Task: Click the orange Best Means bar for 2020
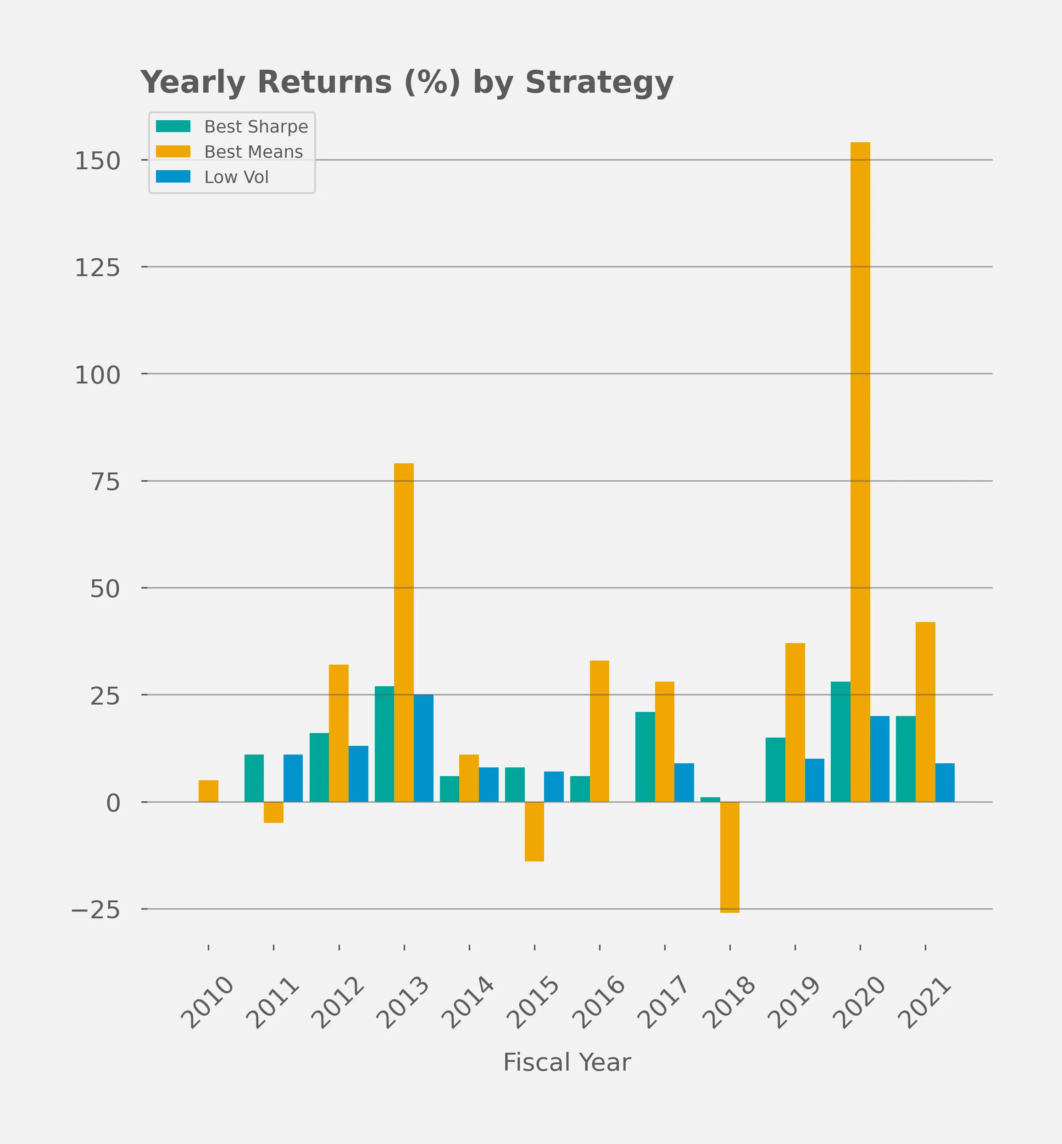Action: point(860,471)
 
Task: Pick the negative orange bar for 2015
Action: point(534,832)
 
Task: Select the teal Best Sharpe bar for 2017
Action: point(645,757)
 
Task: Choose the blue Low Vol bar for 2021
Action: point(945,783)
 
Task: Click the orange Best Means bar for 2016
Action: point(600,731)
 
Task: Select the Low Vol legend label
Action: point(236,177)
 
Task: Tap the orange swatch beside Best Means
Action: point(173,152)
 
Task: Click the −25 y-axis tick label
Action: point(95,910)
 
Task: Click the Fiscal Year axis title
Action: point(567,1062)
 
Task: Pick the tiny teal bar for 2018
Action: point(710,799)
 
